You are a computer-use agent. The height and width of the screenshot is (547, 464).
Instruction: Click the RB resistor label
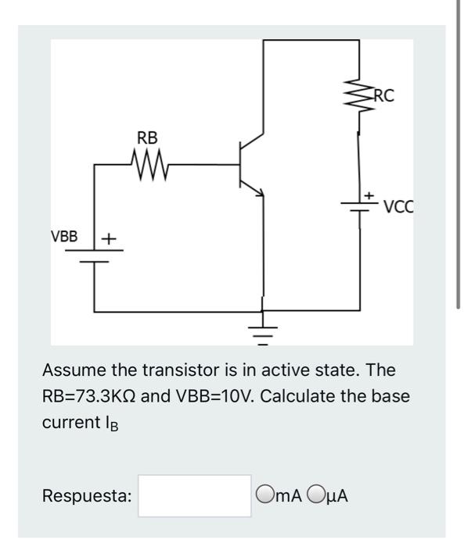[147, 138]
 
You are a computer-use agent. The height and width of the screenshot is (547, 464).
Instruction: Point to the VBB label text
[65, 236]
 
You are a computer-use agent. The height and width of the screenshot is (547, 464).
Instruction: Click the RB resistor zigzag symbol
[146, 164]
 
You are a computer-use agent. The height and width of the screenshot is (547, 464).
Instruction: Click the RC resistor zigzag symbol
[359, 98]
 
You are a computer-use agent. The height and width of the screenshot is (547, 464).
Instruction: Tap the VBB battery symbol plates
[95, 259]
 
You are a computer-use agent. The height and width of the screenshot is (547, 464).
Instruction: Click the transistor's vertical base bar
[241, 164]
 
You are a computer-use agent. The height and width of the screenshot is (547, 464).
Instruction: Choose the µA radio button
[316, 495]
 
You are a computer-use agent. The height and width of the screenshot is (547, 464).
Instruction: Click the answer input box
[195, 495]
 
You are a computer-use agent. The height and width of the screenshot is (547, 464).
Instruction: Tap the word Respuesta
[87, 495]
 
